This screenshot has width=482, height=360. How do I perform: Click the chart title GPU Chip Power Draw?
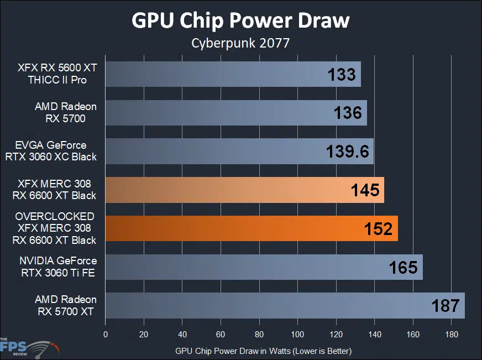(240, 20)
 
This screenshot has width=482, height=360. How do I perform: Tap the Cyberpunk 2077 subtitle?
(240, 43)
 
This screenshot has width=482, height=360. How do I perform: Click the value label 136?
(348, 113)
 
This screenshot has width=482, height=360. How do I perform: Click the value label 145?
(365, 190)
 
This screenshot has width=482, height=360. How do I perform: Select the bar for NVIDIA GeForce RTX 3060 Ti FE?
(260, 267)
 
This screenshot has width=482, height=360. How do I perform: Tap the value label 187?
(445, 306)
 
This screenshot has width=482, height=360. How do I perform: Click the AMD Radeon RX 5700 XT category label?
(65, 305)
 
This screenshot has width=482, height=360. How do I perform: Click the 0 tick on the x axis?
(106, 335)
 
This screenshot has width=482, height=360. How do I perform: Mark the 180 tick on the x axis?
(451, 335)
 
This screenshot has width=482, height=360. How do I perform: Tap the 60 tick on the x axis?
(221, 335)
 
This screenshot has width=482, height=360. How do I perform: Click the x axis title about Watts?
(263, 351)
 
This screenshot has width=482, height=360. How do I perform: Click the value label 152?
(378, 229)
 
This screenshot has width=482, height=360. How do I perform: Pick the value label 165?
(403, 268)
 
